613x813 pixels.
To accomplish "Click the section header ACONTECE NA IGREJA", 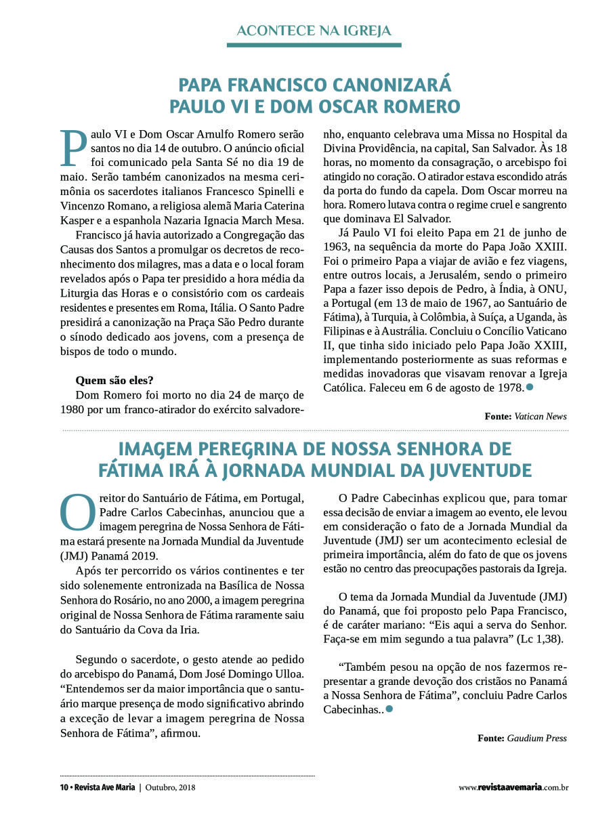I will point(314,31).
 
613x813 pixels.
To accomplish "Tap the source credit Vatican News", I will point(540,416).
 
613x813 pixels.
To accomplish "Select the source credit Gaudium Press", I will point(536,738).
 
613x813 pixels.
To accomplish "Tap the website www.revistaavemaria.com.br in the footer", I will point(513,787).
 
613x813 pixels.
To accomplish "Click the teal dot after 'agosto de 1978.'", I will point(530,387).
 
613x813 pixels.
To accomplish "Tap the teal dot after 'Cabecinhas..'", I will point(389,709).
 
